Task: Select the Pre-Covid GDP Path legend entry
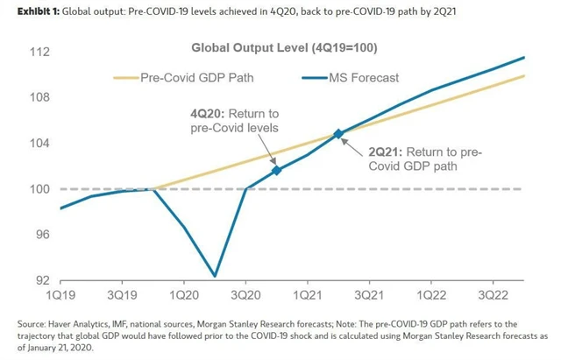(191, 77)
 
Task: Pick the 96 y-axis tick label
(39, 235)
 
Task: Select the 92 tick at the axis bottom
(39, 280)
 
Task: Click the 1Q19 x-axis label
(60, 298)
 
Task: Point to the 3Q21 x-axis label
(369, 298)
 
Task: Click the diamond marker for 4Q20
(277, 170)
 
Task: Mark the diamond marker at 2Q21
(338, 134)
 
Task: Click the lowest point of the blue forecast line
(215, 276)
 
